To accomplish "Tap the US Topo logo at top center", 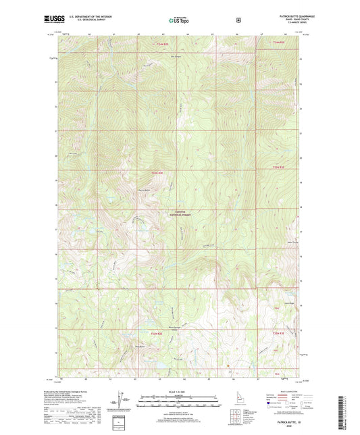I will [x=179, y=22].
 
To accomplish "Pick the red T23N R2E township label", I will [x=157, y=173].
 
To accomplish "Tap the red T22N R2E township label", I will [x=157, y=332].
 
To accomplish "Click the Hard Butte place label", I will [x=140, y=347].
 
